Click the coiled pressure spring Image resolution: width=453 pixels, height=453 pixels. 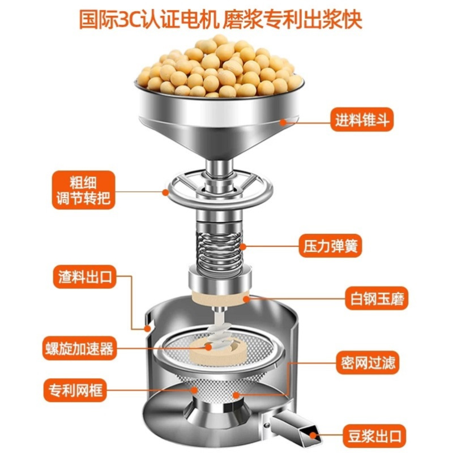tap(219, 246)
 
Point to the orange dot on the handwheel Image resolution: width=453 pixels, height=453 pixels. tap(165, 192)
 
